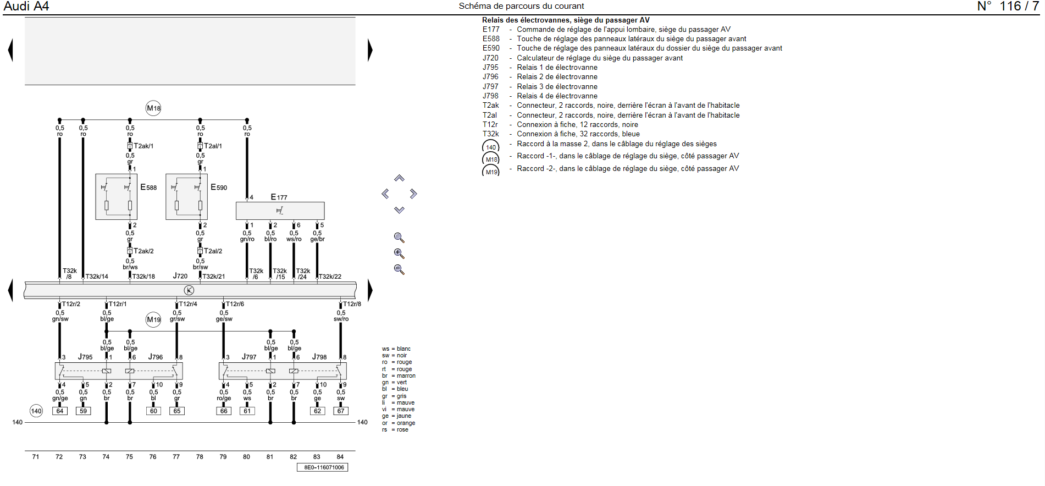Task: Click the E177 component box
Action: coord(280,211)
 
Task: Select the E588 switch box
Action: coord(116,197)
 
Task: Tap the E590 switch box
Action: coord(186,197)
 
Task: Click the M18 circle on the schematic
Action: coord(153,108)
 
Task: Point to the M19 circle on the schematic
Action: coord(153,319)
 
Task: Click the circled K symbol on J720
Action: coord(189,290)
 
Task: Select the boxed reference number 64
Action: coord(60,411)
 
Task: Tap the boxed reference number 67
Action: coord(341,411)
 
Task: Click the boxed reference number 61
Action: coord(247,411)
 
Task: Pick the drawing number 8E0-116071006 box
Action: coord(323,467)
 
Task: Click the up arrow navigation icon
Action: coord(399,178)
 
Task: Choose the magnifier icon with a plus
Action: coord(399,253)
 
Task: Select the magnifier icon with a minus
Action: coord(399,269)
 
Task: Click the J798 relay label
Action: coord(319,357)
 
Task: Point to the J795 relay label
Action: coord(85,357)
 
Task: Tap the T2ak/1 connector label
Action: coord(143,146)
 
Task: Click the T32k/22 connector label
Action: coord(330,277)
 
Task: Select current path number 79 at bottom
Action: coord(223,457)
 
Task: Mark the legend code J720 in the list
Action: coord(490,58)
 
